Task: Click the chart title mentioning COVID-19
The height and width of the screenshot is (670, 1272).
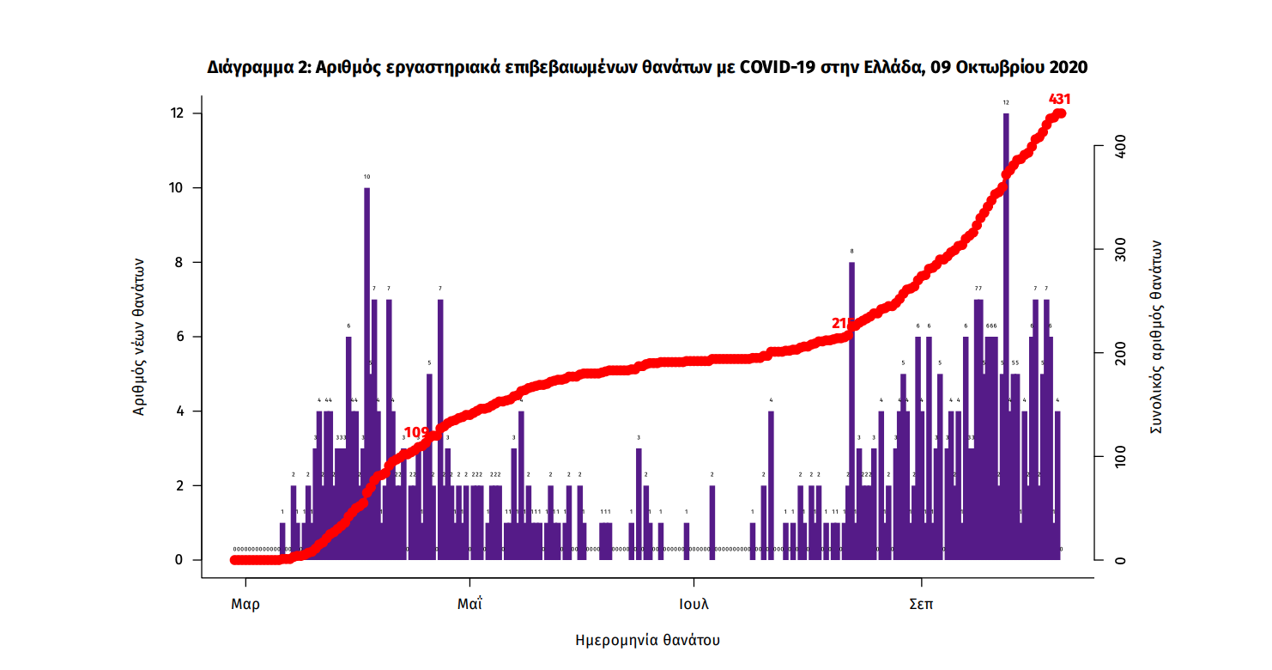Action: (x=647, y=67)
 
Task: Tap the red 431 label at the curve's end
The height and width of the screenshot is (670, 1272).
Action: (x=1061, y=99)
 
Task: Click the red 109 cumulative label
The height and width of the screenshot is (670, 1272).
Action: (x=416, y=432)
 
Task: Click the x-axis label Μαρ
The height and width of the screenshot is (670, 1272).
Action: (x=245, y=604)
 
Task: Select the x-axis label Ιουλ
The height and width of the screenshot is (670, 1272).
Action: (x=694, y=604)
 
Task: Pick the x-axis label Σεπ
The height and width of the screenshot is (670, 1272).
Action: (x=921, y=604)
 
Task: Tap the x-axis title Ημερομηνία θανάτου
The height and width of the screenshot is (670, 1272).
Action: (x=647, y=640)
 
